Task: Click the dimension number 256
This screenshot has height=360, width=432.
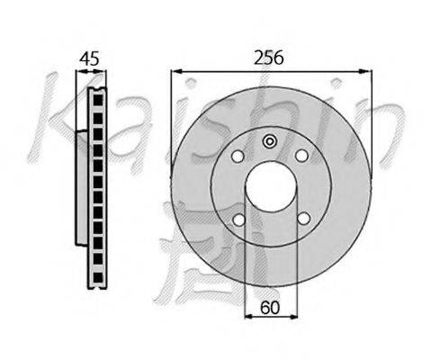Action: click(x=268, y=58)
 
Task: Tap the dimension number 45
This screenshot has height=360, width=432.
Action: click(x=89, y=58)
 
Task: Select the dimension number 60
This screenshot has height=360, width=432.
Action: click(x=270, y=308)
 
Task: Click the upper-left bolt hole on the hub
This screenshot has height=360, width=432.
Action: click(x=238, y=156)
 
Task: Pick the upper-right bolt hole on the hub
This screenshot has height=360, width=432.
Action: click(x=301, y=156)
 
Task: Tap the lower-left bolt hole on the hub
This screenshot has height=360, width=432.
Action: click(x=239, y=220)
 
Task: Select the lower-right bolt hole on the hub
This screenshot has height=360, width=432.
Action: click(x=304, y=219)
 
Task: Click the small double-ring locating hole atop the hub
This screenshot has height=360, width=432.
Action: click(x=270, y=141)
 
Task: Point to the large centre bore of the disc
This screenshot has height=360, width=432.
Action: click(x=271, y=186)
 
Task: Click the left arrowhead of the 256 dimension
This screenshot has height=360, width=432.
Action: click(x=176, y=71)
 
